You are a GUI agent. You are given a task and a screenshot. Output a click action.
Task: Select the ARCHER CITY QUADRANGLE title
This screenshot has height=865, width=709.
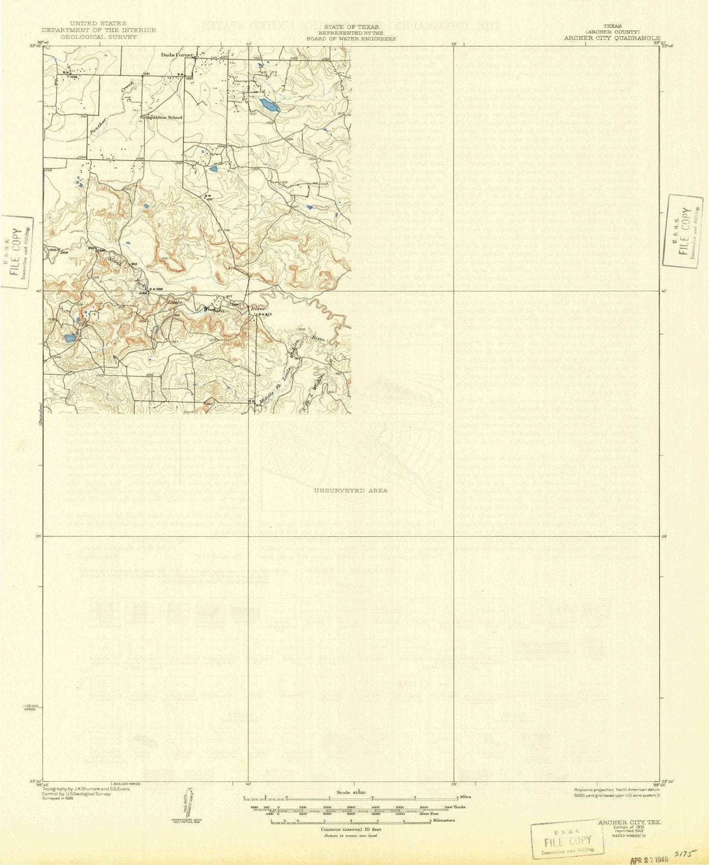(x=612, y=38)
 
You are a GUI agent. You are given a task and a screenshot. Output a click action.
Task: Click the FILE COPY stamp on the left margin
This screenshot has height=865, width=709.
(x=16, y=251)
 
